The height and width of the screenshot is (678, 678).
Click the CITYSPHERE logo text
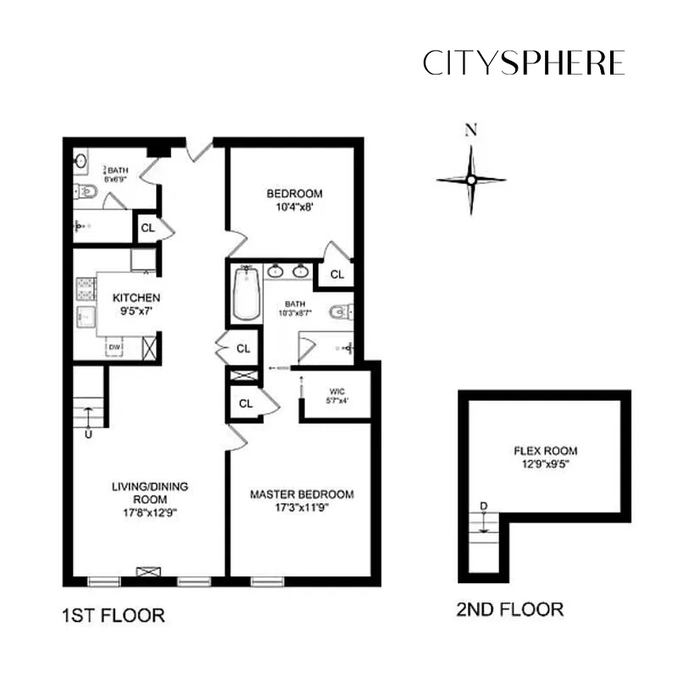524,63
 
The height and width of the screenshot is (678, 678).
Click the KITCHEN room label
136,304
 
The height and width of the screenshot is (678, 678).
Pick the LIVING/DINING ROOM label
149,499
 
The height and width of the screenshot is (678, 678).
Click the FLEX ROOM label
545,458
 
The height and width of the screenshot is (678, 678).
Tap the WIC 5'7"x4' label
337,396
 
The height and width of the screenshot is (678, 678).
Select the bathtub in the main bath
247,293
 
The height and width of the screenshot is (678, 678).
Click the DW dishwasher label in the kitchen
113,347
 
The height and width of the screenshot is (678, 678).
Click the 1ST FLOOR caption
114,614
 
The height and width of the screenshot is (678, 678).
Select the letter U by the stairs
87,435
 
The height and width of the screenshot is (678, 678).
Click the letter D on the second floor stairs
484,507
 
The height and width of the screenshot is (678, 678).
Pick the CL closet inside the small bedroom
336,275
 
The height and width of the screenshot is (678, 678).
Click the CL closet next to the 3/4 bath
147,227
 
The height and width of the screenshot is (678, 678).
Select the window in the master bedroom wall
267,581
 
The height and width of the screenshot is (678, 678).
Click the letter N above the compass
471,130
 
